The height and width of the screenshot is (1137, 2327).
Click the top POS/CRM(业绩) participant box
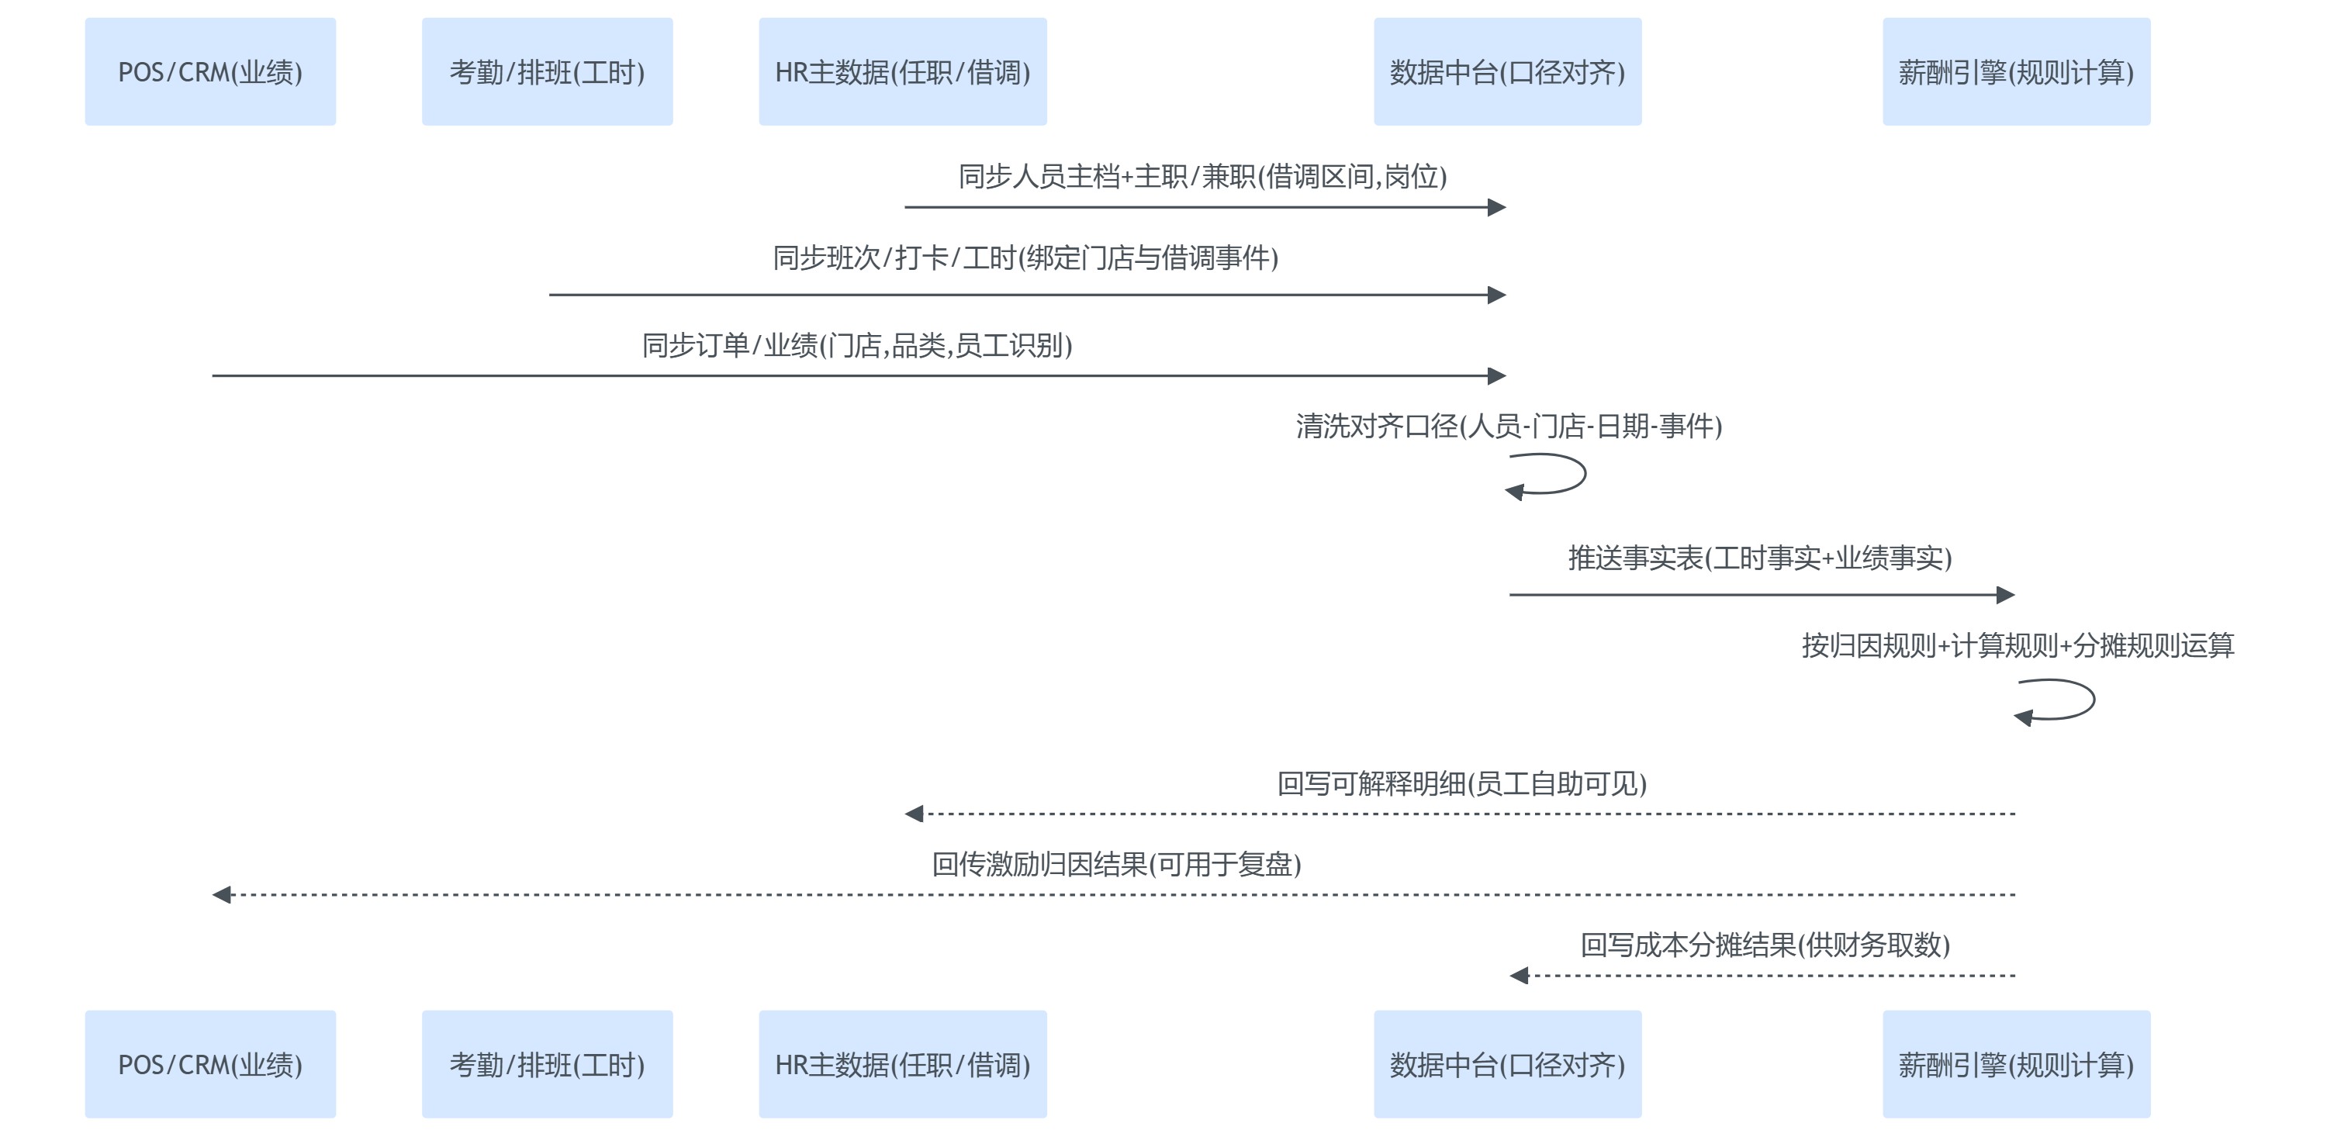209,71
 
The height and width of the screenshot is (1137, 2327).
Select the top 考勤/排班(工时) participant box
547,71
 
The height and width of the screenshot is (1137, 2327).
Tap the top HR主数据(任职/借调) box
902,71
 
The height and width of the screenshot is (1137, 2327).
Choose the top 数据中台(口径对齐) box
1507,71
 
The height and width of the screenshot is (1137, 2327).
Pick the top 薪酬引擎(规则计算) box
2015,71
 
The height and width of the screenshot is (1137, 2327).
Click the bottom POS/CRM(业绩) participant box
209,1064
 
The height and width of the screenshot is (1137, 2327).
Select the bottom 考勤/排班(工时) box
547,1064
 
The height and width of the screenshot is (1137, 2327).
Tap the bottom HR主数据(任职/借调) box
902,1064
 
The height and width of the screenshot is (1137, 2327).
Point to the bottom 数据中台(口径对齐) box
1507,1064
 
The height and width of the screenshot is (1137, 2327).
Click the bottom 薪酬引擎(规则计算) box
2015,1064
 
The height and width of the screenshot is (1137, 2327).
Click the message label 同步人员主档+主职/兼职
1202,176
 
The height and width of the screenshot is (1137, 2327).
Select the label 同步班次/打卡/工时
1025,258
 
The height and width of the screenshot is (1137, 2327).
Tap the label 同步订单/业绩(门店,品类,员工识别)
856,345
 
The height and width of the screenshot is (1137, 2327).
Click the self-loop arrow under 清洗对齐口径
1548,475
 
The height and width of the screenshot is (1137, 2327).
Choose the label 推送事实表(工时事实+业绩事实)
1760,558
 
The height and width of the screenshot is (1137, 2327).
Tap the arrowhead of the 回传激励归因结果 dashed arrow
221,894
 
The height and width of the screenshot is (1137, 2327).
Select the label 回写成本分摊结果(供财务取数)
1765,945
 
